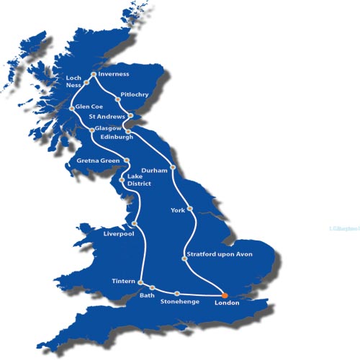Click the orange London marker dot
224,295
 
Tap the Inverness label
114,73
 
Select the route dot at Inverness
93,74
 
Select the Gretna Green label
99,161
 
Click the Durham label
155,170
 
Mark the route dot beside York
190,209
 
